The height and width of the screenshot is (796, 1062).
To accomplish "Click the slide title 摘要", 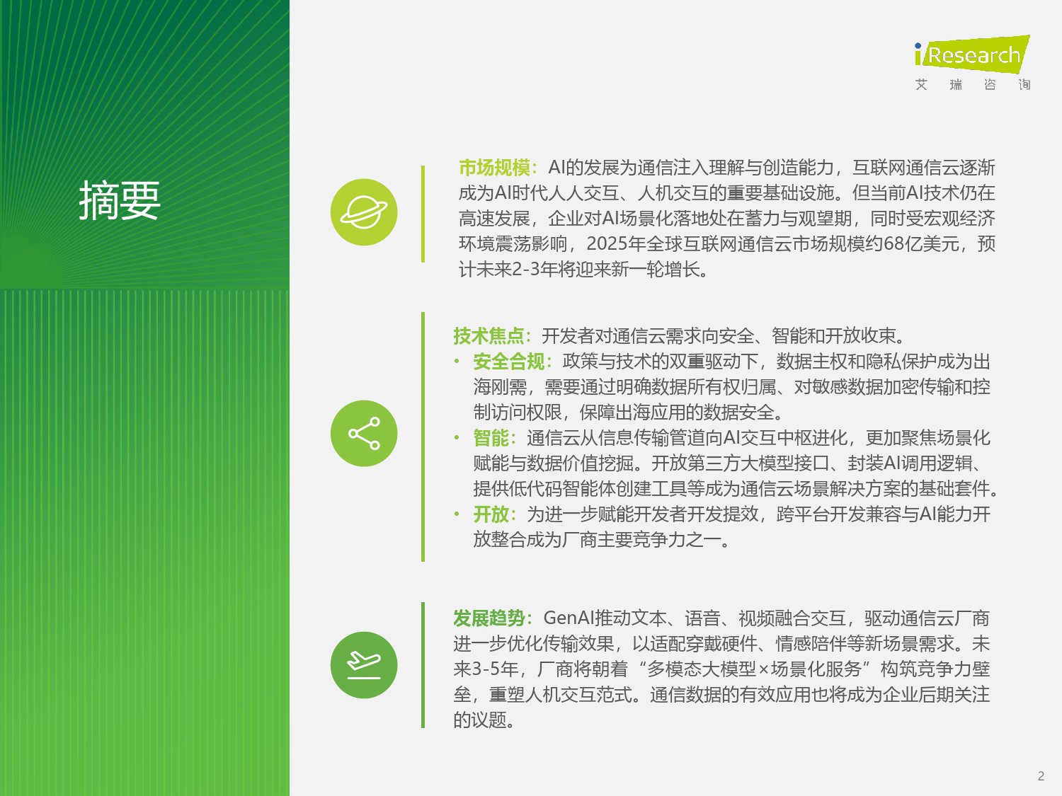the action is pyautogui.click(x=120, y=200).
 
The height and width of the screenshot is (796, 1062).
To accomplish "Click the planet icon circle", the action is pyautogui.click(x=364, y=212).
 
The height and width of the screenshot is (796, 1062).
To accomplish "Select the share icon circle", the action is pyautogui.click(x=364, y=434).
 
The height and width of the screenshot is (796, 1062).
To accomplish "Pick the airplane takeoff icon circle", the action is pyautogui.click(x=364, y=665).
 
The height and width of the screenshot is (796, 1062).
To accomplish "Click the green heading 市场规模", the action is pyautogui.click(x=494, y=168).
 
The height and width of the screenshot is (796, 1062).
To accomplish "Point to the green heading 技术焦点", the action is pyautogui.click(x=489, y=336).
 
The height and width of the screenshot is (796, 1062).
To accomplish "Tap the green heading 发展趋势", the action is pyautogui.click(x=489, y=618).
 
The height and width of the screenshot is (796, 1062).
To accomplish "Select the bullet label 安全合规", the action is pyautogui.click(x=509, y=362).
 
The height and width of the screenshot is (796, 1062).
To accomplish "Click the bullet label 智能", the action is pyautogui.click(x=491, y=438).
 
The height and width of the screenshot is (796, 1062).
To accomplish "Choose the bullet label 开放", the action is pyautogui.click(x=491, y=514).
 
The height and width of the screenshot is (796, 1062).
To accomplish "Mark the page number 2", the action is pyautogui.click(x=1041, y=776).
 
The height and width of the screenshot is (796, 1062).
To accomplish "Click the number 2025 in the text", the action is pyautogui.click(x=607, y=244).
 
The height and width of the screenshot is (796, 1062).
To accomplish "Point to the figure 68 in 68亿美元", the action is pyautogui.click(x=893, y=244).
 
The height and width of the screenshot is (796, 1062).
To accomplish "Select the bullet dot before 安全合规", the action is pyautogui.click(x=457, y=361).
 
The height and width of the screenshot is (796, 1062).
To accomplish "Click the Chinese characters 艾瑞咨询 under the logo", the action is pyautogui.click(x=973, y=85).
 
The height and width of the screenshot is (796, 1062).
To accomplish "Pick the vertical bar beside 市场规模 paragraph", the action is pyautogui.click(x=423, y=214).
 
